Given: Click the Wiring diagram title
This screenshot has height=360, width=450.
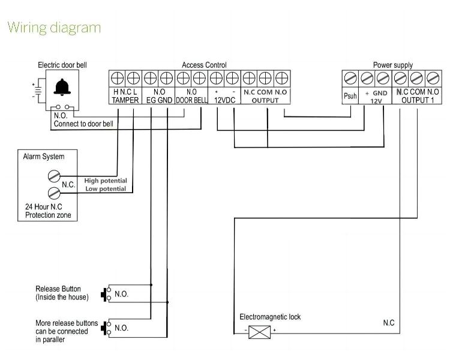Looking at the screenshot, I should (x=54, y=28).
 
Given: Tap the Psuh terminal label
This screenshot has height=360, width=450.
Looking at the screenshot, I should (x=350, y=96).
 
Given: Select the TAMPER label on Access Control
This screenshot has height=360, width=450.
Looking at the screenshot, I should (x=125, y=100).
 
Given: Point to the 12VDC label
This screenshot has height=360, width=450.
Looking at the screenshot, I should (x=224, y=100).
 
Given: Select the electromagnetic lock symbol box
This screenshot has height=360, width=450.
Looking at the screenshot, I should (x=259, y=331).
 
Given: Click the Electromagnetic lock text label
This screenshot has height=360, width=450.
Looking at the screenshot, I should (x=270, y=317).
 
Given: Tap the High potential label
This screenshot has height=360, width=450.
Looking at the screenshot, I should (x=105, y=181).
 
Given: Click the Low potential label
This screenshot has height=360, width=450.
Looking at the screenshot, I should (x=105, y=189).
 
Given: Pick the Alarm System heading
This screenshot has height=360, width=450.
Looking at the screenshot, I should (x=43, y=157).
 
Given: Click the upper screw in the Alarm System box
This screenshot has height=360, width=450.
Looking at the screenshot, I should (x=53, y=176).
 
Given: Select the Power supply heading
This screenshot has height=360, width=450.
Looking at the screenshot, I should (x=392, y=65).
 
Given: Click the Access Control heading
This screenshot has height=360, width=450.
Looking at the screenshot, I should (x=204, y=65).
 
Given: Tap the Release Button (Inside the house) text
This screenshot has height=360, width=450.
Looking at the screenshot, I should (x=62, y=293).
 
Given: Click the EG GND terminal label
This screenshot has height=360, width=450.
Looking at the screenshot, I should (x=158, y=100).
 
